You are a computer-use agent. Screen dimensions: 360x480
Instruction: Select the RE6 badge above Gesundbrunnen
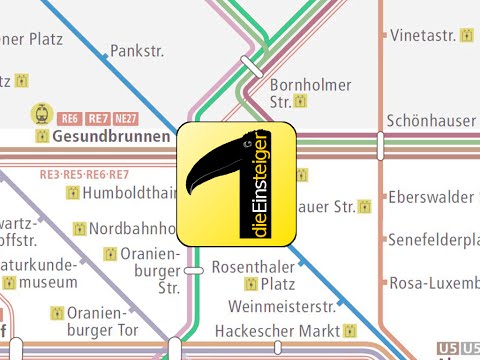tap(70, 116)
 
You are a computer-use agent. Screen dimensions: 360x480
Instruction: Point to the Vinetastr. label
tap(423, 35)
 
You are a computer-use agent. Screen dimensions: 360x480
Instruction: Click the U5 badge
tap(446, 348)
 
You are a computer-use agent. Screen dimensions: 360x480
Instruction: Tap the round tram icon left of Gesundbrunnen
tap(42, 114)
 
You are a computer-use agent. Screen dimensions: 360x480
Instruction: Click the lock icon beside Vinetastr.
tap(466, 35)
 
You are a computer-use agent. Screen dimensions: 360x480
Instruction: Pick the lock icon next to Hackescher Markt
tap(349, 330)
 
